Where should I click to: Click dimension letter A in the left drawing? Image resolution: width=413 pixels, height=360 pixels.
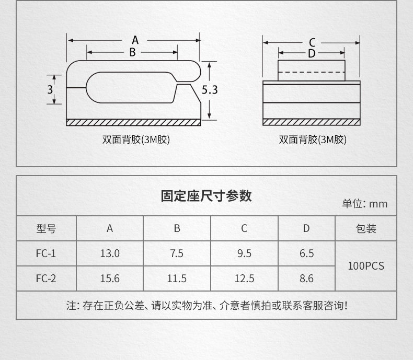pyautogui.click(x=135, y=40)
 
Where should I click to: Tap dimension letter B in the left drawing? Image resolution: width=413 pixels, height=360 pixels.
pyautogui.click(x=132, y=52)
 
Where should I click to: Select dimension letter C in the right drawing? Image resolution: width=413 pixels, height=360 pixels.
pyautogui.click(x=312, y=42)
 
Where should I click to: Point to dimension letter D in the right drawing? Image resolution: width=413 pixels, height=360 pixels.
pyautogui.click(x=312, y=53)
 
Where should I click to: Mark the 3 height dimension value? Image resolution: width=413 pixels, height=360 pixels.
pyautogui.click(x=50, y=89)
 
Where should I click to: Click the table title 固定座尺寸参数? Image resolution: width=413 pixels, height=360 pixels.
pyautogui.click(x=206, y=196)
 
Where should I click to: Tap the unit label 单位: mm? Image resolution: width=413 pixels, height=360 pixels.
pyautogui.click(x=365, y=204)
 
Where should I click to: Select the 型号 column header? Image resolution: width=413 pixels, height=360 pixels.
pyautogui.click(x=46, y=228)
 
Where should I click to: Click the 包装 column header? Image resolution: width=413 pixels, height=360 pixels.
pyautogui.click(x=366, y=228)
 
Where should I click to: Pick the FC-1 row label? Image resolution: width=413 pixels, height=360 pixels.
pyautogui.click(x=46, y=253)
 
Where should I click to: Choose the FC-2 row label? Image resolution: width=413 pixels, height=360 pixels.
pyautogui.click(x=46, y=278)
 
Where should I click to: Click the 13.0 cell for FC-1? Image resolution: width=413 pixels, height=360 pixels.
pyautogui.click(x=110, y=253)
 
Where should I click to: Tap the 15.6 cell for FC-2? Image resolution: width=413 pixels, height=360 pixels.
pyautogui.click(x=110, y=278)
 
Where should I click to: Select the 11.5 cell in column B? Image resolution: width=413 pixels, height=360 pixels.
pyautogui.click(x=177, y=278)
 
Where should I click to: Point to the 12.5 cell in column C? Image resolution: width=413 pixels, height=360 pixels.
pyautogui.click(x=244, y=278)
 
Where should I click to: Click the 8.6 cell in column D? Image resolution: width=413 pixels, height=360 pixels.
pyautogui.click(x=307, y=278)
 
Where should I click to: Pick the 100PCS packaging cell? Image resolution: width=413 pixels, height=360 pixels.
pyautogui.click(x=366, y=266)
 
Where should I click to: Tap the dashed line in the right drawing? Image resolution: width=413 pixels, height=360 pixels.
pyautogui.click(x=312, y=72)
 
